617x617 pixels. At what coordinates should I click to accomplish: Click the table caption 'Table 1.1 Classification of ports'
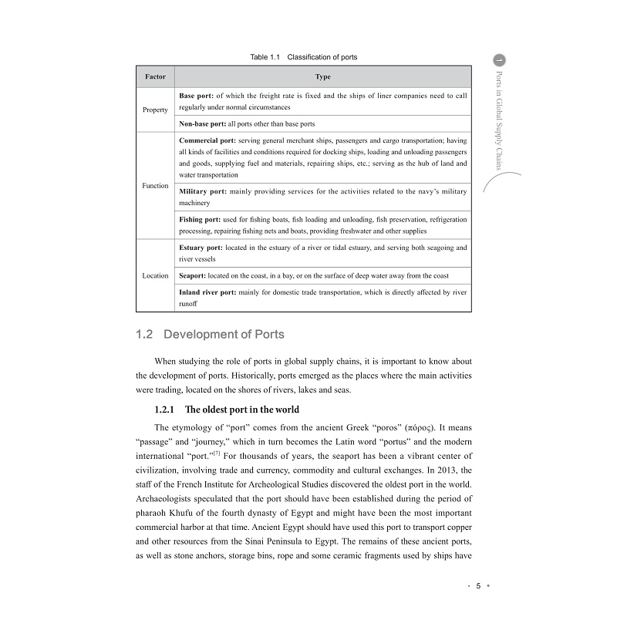pos(304,57)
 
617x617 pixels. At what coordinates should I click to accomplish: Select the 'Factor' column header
pos(155,77)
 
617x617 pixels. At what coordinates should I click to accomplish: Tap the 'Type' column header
pos(323,77)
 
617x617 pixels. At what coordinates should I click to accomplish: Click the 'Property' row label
pos(155,110)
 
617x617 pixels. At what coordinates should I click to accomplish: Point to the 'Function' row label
pos(155,186)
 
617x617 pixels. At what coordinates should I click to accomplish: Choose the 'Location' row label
pos(155,275)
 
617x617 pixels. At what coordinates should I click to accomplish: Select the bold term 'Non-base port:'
pos(203,123)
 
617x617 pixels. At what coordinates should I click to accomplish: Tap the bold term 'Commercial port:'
pos(207,141)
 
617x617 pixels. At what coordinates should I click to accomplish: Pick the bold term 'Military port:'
pos(203,190)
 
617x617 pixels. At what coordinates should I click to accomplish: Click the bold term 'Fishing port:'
pos(200,219)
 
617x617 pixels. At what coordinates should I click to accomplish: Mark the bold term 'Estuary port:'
pos(201,248)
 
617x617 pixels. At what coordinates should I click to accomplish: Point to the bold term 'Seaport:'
pos(193,275)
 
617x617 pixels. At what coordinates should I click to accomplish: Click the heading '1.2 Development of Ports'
pos(209,334)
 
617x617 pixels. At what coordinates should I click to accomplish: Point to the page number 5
pos(477,585)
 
